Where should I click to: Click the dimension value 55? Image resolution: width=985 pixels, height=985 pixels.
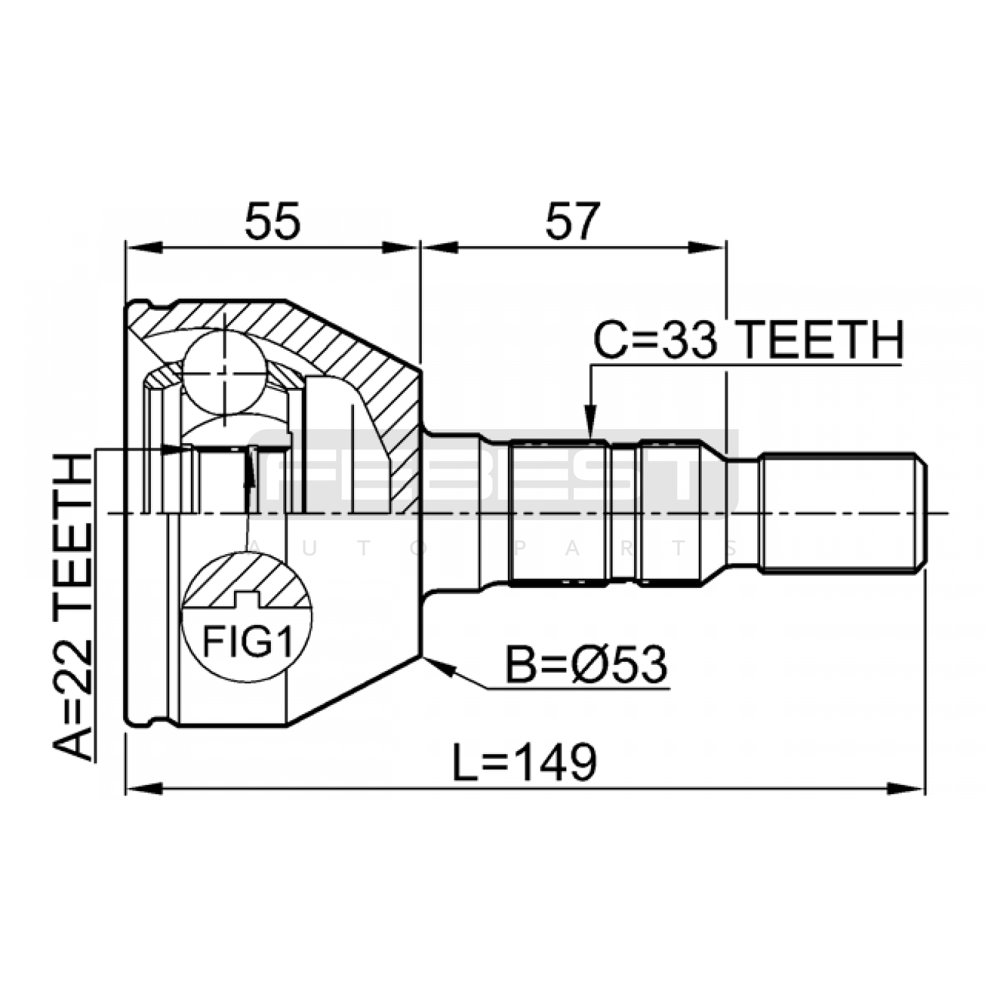[x=273, y=221]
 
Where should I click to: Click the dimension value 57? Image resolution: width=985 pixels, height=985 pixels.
[x=573, y=221]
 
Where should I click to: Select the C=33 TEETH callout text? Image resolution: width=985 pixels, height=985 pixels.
[x=749, y=340]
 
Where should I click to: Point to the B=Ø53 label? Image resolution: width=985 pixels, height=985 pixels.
[x=587, y=665]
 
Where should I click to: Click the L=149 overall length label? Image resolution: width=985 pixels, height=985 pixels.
[x=525, y=762]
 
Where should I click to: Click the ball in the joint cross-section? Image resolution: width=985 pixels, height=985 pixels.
[x=225, y=371]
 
